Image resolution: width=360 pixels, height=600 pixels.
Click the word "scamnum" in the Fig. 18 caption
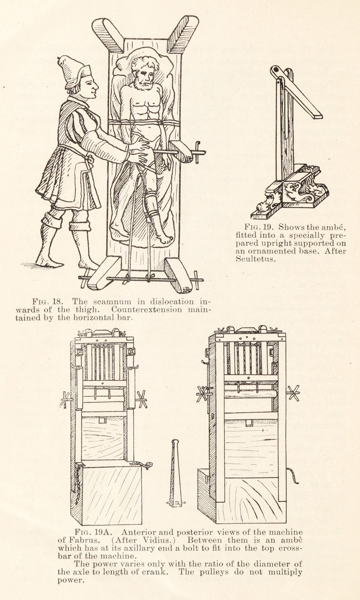[x=103, y=301]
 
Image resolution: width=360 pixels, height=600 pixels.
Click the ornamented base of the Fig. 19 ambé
[x=295, y=193]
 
